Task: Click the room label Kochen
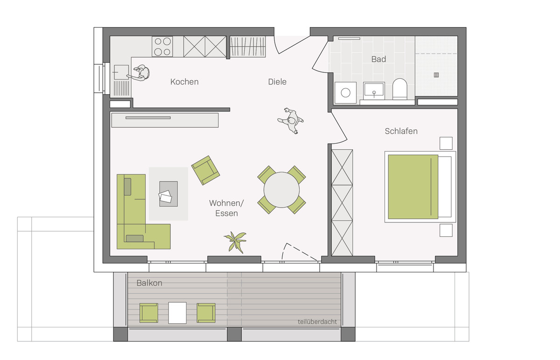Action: (x=184, y=82)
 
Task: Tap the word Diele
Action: (x=277, y=82)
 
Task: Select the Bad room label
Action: (x=378, y=59)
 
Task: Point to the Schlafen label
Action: (x=401, y=131)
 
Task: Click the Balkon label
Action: (x=149, y=283)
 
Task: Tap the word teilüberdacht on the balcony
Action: (x=317, y=322)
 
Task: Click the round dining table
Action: (x=281, y=190)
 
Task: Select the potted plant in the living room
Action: (x=236, y=242)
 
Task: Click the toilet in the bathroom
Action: (x=400, y=89)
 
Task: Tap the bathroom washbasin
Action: (x=374, y=90)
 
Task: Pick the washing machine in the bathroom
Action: (x=345, y=92)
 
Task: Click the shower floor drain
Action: (x=436, y=75)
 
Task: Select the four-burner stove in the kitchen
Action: (x=162, y=47)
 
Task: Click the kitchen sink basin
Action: (x=121, y=72)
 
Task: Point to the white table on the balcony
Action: (x=177, y=313)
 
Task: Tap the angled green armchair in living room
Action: (x=205, y=170)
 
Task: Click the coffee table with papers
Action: (x=168, y=194)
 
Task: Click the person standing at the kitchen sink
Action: (x=139, y=73)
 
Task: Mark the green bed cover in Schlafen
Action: (x=413, y=187)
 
